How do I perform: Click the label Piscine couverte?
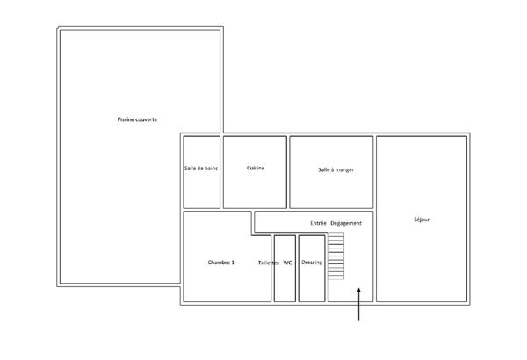137,119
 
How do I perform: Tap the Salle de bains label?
201,168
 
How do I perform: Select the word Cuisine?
256,168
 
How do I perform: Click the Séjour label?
422,220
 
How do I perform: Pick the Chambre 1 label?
221,263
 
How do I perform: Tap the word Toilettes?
268,263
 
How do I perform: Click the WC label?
287,263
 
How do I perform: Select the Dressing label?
312,263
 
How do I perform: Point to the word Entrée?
319,223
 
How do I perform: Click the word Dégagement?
346,223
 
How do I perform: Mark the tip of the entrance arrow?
359,289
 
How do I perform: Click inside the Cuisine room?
255,184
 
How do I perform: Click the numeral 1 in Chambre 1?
233,263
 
